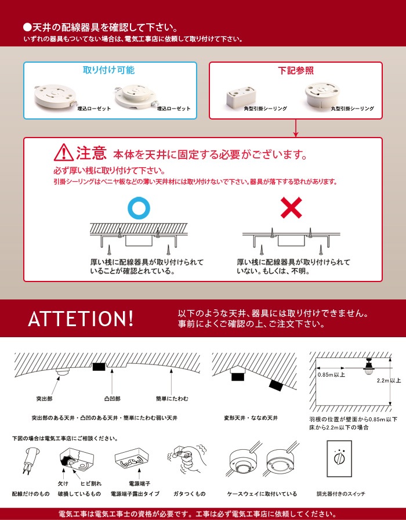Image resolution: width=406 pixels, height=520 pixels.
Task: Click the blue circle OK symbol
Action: pyautogui.click(x=139, y=208)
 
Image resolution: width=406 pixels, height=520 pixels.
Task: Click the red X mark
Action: pyautogui.click(x=291, y=208)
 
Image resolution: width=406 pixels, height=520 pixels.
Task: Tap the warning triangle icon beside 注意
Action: pyautogui.click(x=64, y=153)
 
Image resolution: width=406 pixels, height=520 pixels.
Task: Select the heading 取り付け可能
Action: pyautogui.click(x=108, y=70)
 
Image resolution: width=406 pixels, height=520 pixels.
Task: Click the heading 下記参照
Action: pyautogui.click(x=296, y=71)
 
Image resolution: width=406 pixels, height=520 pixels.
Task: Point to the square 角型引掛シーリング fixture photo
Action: pyautogui.click(x=240, y=96)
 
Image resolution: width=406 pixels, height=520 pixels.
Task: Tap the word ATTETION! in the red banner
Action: pyautogui.click(x=81, y=319)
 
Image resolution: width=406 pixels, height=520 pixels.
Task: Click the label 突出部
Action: pyautogui.click(x=44, y=399)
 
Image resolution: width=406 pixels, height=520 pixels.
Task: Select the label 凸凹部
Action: pyautogui.click(x=113, y=399)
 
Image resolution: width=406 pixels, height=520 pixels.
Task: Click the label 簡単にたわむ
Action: pyautogui.click(x=172, y=399)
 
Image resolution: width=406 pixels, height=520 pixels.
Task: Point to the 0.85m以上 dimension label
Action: pyautogui.click(x=331, y=375)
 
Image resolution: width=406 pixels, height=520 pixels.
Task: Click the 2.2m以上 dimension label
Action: pyautogui.click(x=389, y=380)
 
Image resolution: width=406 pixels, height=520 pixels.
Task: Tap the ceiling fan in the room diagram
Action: pyautogui.click(x=368, y=366)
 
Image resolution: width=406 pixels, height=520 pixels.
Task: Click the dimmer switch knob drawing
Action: pyautogui.click(x=339, y=459)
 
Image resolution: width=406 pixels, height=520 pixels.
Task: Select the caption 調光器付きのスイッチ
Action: pyautogui.click(x=340, y=494)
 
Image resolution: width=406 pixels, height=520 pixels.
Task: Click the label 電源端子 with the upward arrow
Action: pyautogui.click(x=140, y=483)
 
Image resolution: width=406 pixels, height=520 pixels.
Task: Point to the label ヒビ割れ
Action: pyautogui.click(x=91, y=483)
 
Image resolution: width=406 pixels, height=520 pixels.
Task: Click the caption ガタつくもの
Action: pyautogui.click(x=189, y=494)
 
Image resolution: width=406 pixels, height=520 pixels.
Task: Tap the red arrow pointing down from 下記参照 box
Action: pyautogui.click(x=296, y=128)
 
